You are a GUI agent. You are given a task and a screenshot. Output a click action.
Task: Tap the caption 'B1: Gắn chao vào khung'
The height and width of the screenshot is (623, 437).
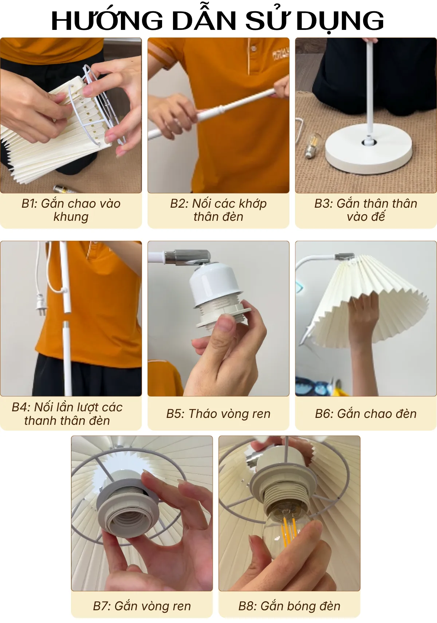click(x=71, y=210)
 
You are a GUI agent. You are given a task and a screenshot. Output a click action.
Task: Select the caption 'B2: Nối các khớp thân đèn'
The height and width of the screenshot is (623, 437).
click(x=218, y=210)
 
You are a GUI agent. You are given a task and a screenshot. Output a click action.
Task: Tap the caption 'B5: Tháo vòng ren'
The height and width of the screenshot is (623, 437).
click(x=218, y=414)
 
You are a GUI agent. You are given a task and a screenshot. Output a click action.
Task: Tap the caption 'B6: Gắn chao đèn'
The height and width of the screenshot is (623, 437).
click(x=366, y=414)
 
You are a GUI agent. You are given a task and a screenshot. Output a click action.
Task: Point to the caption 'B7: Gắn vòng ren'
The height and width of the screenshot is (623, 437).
click(x=142, y=606)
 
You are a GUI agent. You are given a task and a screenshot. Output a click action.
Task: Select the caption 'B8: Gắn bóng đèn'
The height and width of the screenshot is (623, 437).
click(x=289, y=606)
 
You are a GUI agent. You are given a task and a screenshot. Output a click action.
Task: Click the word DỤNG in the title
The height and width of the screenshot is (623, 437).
click(x=340, y=21)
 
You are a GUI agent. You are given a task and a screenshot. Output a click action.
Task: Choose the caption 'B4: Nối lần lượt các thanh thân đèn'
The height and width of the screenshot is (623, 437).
click(x=67, y=414)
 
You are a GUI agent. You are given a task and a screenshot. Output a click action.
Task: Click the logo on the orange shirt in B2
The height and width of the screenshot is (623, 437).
click(x=280, y=55)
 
